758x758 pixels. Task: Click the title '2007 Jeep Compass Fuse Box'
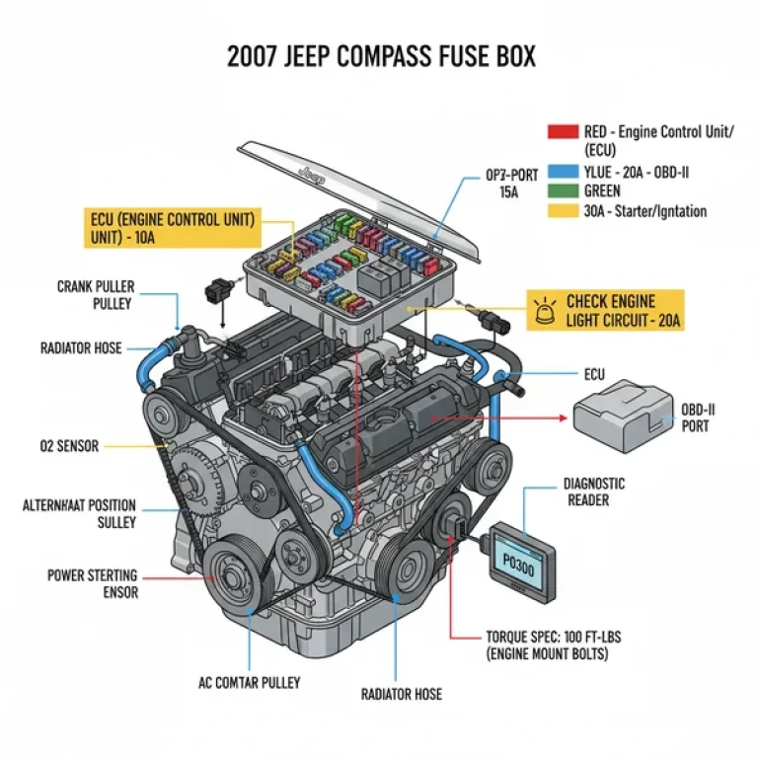coord(380,56)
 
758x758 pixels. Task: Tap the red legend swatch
coord(562,131)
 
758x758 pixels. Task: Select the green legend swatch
coord(562,190)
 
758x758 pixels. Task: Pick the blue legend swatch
coord(562,172)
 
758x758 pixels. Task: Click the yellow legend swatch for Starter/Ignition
coord(562,210)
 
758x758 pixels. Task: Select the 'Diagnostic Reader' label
coord(594,492)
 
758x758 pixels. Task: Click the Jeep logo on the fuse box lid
coord(312,176)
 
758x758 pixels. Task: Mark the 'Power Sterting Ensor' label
coord(93,583)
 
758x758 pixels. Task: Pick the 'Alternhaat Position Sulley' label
coord(80,513)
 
